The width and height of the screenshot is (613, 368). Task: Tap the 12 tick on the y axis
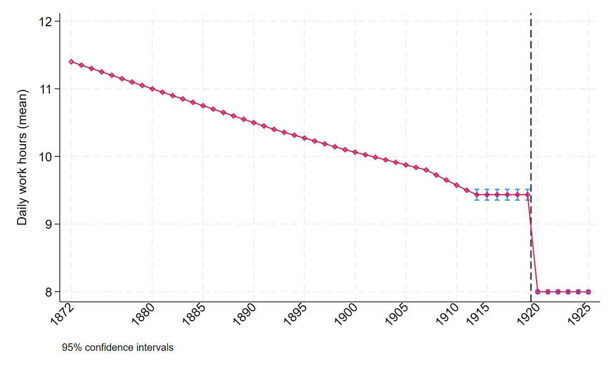click(46, 22)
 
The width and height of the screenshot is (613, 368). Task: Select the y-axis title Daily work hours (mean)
click(22, 156)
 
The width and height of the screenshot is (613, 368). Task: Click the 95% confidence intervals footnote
click(118, 347)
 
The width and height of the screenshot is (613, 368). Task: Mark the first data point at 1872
click(71, 62)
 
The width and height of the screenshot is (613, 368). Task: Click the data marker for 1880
click(152, 88)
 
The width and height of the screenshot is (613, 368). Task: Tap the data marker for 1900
click(355, 152)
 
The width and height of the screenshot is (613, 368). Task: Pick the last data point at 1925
click(588, 292)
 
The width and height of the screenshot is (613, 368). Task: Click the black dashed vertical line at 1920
click(531, 126)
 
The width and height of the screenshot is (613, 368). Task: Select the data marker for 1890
click(254, 122)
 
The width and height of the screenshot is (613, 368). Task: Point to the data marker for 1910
click(457, 185)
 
